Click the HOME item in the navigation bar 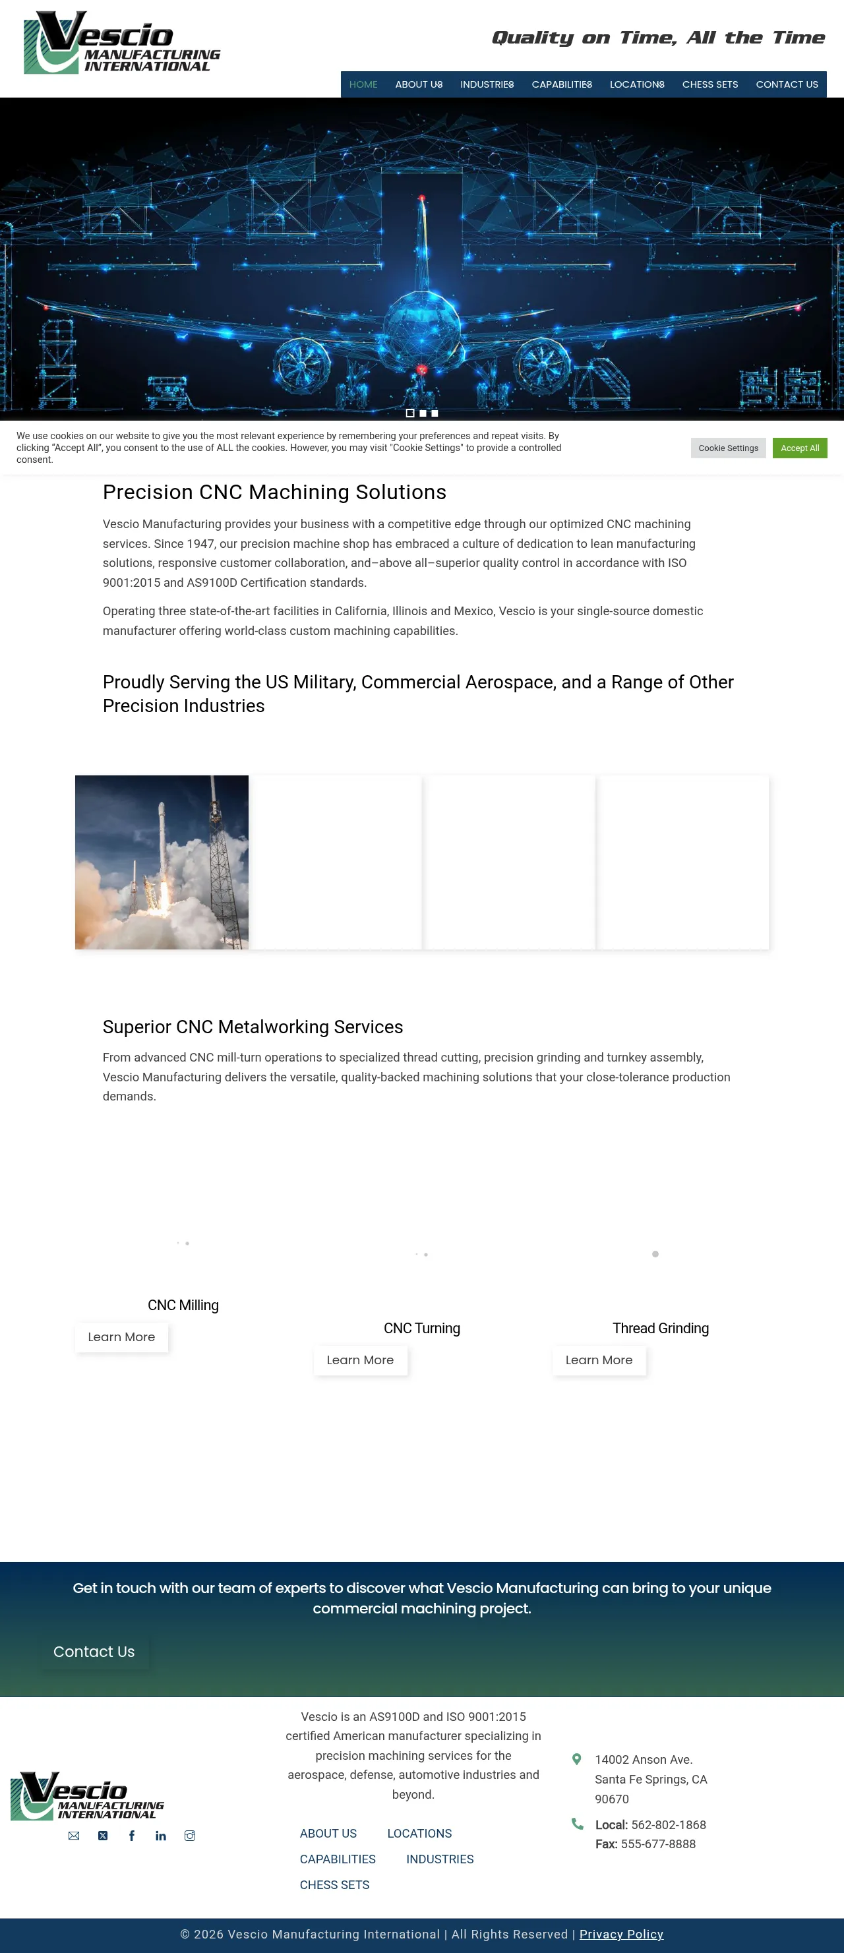pos(363,84)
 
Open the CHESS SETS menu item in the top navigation pos(709,84)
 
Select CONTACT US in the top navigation pos(787,84)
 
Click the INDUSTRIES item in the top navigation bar pos(486,84)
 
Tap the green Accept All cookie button pos(799,448)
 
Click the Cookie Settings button pos(728,448)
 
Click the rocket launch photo pos(162,862)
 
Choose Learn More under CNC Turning pos(360,1360)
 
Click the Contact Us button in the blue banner pos(94,1652)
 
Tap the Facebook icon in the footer pos(132,1836)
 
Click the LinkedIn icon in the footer pos(161,1836)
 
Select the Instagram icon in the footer pos(190,1836)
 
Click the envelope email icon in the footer pos(74,1836)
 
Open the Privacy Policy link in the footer pos(621,1934)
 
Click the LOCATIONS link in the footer pos(419,1833)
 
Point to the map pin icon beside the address pos(576,1759)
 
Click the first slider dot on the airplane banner pos(410,413)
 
